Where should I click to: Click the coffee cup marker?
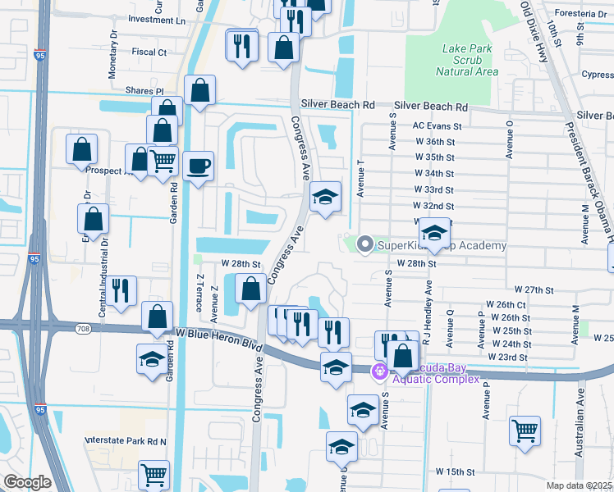(x=198, y=166)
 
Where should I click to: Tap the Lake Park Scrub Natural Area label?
(x=467, y=60)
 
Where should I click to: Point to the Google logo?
(x=27, y=482)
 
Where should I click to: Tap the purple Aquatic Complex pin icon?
(x=379, y=371)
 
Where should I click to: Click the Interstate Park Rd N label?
(x=126, y=441)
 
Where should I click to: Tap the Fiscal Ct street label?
(x=149, y=52)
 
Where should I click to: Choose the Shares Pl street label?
(x=144, y=90)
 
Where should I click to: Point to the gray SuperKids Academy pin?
(x=365, y=244)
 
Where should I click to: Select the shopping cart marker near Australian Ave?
(x=525, y=429)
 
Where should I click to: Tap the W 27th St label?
(x=535, y=289)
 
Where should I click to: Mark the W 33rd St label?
(x=434, y=189)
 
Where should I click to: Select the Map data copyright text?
(x=580, y=485)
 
